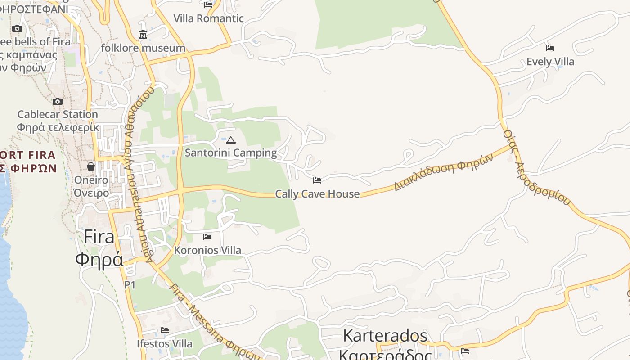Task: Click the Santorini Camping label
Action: [231, 153]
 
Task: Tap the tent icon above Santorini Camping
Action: [231, 140]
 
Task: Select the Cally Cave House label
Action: [317, 194]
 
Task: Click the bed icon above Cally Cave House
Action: [317, 180]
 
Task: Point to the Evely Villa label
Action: [550, 62]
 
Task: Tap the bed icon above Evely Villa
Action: [550, 48]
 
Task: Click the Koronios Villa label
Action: [207, 250]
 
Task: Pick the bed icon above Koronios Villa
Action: [207, 237]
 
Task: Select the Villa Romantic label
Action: [208, 18]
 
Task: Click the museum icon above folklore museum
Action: [143, 34]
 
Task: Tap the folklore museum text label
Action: [143, 48]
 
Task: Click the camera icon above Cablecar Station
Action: [58, 101]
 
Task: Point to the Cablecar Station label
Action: [58, 114]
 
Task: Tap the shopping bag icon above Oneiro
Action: [91, 166]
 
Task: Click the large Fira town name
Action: [99, 237]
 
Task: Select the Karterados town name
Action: [385, 336]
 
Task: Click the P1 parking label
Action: [130, 285]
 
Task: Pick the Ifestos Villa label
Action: [164, 344]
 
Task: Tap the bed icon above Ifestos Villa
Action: [164, 330]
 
